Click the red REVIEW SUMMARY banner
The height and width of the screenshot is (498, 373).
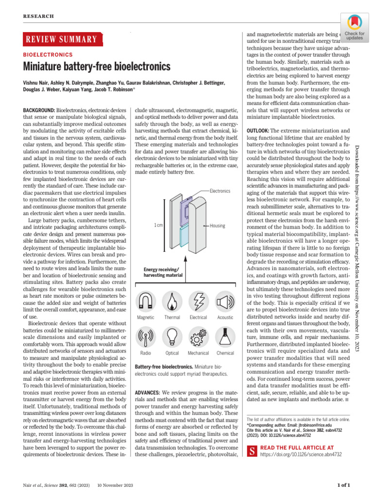pos(61,39)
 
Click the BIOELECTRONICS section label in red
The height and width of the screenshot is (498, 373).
pos(48,55)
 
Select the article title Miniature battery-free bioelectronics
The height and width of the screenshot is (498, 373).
pos(97,66)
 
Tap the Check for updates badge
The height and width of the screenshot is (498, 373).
pos(355,26)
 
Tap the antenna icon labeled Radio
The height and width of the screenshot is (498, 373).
pos(146,336)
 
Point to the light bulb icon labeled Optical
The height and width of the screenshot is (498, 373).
pos(172,336)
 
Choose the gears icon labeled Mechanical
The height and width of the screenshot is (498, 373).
pos(198,336)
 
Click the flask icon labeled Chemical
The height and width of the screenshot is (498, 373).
pos(225,336)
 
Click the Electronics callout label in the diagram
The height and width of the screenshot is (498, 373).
pos(220,191)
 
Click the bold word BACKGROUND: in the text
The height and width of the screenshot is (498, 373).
pos(39,111)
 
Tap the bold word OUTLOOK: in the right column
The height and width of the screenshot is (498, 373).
pos(258,131)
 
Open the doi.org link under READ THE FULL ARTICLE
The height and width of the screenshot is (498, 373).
pos(301,454)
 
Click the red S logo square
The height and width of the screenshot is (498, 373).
pos(252,451)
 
